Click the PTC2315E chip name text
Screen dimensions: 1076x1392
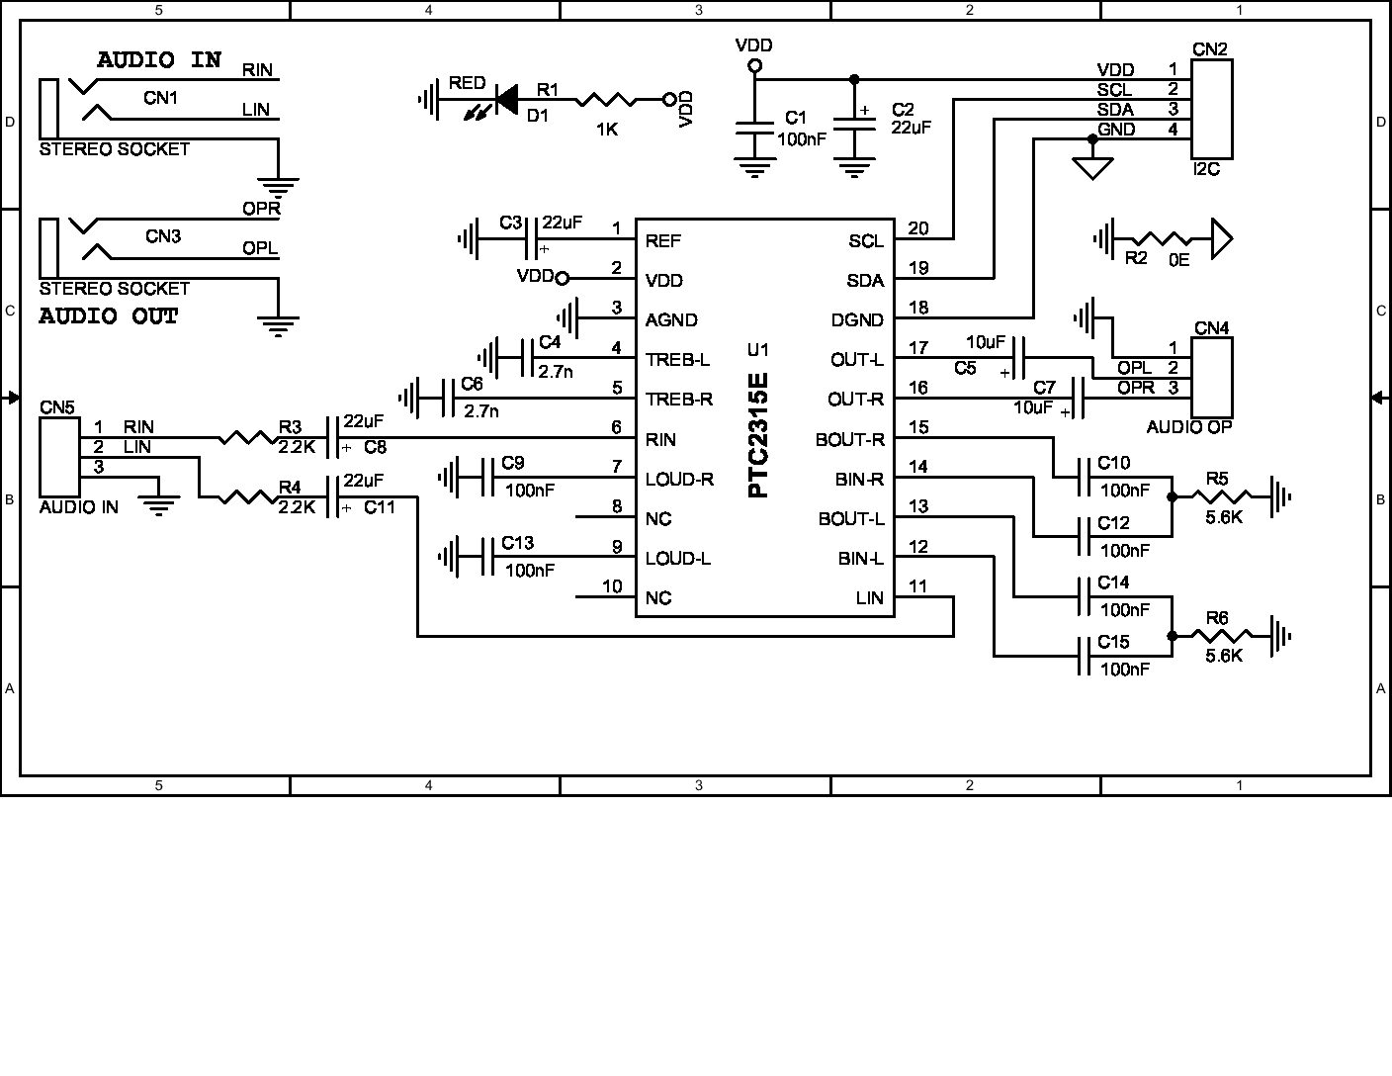pyautogui.click(x=758, y=434)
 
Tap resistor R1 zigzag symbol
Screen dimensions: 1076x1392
pyautogui.click(x=605, y=99)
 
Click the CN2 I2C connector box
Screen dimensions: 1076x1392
pyautogui.click(x=1212, y=101)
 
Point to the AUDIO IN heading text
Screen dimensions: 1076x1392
pyautogui.click(x=159, y=60)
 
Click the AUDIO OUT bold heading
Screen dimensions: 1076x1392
pyautogui.click(x=109, y=316)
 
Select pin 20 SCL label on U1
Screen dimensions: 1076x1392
pyautogui.click(x=866, y=240)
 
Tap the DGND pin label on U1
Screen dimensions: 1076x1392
pyautogui.click(x=858, y=319)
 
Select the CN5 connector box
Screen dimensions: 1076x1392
pyautogui.click(x=59, y=456)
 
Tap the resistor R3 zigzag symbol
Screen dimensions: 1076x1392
pyautogui.click(x=244, y=436)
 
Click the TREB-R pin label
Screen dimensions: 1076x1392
pyautogui.click(x=678, y=400)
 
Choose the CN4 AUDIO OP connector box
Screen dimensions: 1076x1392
pyautogui.click(x=1212, y=377)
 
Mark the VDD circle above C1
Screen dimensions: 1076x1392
pyautogui.click(x=754, y=65)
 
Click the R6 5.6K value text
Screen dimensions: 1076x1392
pyautogui.click(x=1224, y=655)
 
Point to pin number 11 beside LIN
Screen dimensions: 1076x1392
pyautogui.click(x=917, y=585)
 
